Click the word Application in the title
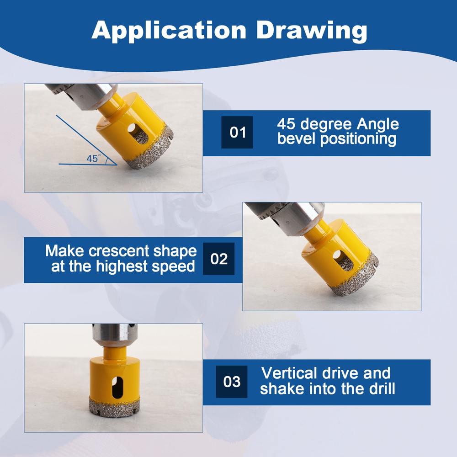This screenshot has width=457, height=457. tap(169, 30)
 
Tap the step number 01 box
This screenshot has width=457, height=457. tap(237, 133)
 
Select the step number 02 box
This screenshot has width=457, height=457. tap(219, 259)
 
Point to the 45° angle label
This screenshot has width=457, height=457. tap(93, 159)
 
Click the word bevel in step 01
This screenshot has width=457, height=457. tap(297, 138)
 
